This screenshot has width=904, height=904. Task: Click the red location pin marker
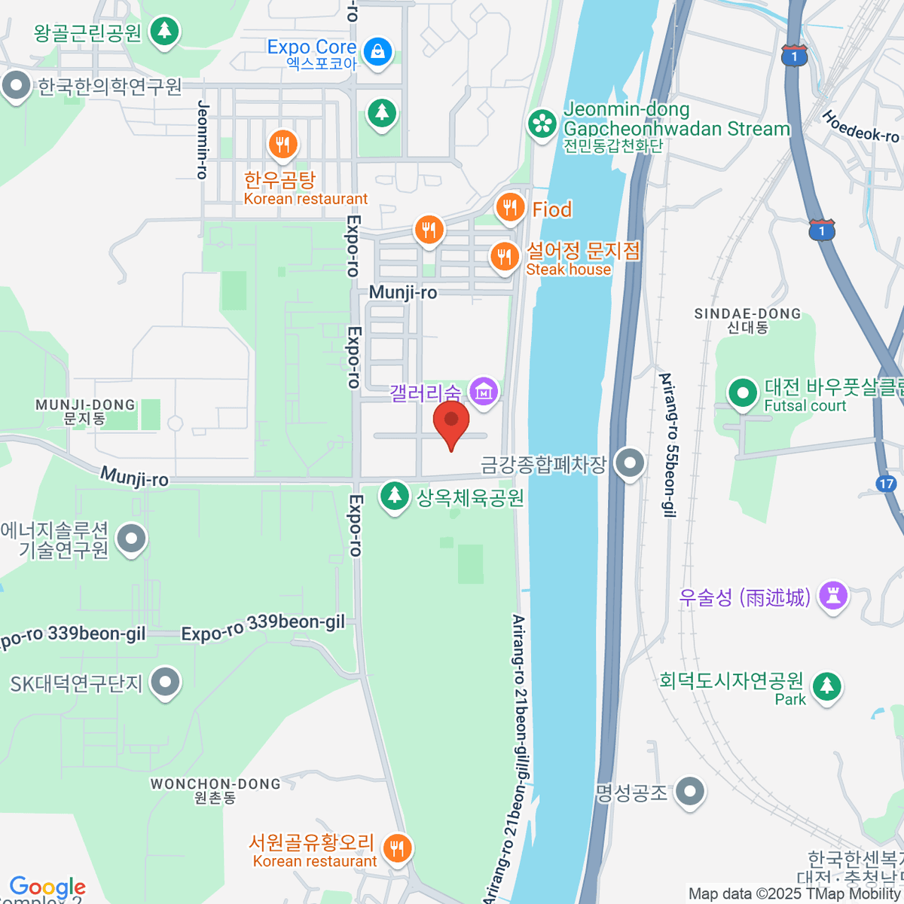[451, 423]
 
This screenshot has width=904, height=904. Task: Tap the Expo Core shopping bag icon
[377, 52]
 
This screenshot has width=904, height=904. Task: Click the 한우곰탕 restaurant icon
[282, 143]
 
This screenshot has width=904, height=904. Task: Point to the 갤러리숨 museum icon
[484, 390]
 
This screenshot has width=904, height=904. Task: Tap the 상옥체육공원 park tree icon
[393, 496]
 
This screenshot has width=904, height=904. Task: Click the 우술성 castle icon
[832, 596]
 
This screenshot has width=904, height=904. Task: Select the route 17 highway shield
[887, 484]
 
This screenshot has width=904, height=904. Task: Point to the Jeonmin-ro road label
[202, 139]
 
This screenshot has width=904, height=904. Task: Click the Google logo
[47, 887]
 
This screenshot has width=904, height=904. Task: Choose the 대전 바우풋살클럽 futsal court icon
[743, 392]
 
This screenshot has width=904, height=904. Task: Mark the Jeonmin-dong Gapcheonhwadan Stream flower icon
[542, 124]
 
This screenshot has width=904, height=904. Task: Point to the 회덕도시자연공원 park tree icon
[827, 686]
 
